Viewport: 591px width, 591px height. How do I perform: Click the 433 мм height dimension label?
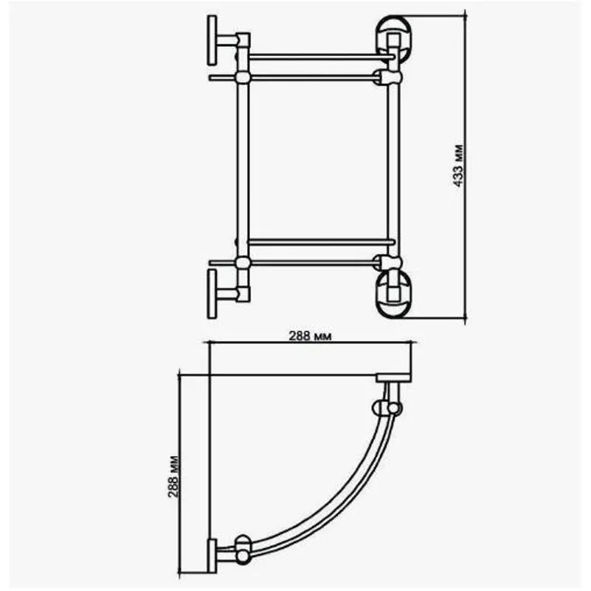point(457,167)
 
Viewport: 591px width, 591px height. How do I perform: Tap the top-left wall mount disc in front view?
point(212,40)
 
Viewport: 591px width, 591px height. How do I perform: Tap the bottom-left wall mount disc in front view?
point(212,293)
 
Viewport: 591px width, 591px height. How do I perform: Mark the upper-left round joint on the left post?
point(241,76)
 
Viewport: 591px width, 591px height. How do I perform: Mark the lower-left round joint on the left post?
point(241,261)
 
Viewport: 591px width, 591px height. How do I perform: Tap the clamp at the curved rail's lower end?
point(241,549)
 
